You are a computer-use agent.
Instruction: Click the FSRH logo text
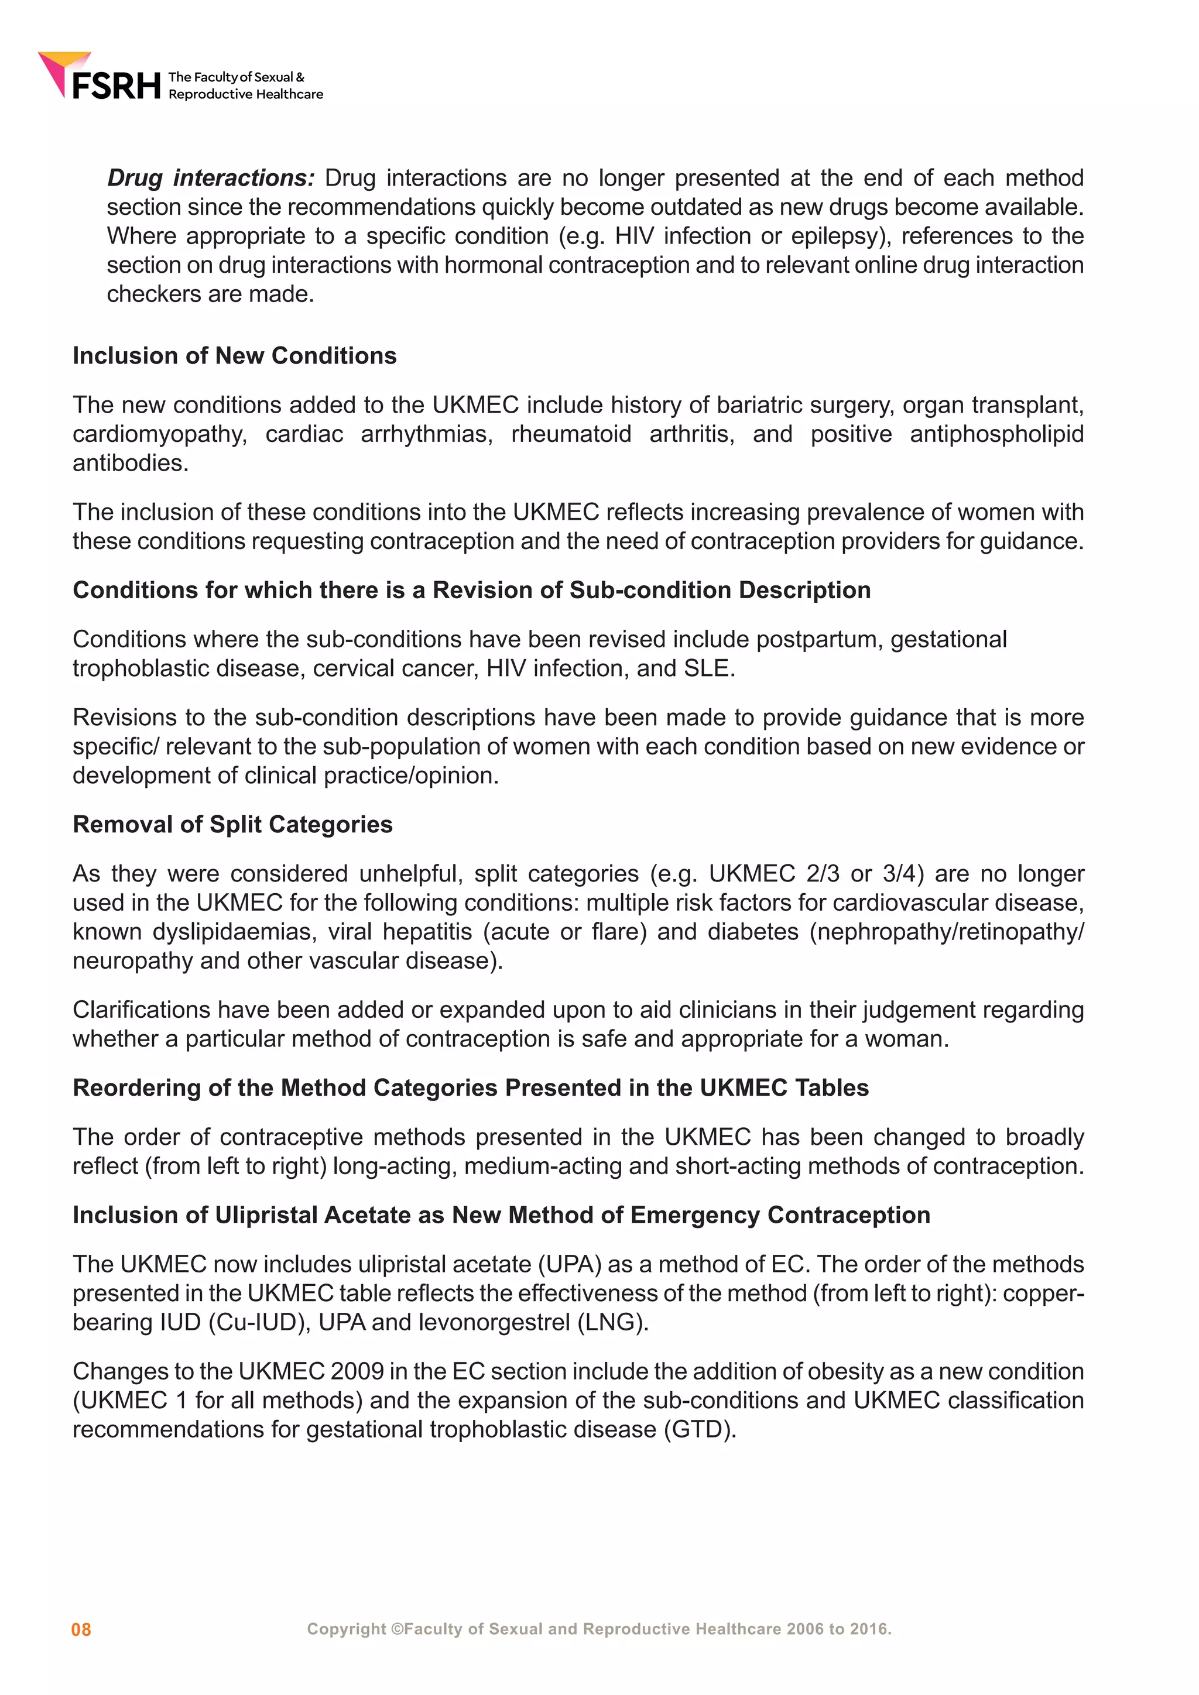point(116,85)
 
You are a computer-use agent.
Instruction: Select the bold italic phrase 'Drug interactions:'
point(210,178)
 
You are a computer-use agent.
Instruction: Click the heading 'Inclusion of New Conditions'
point(234,356)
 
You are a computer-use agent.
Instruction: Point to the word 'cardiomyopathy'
point(159,434)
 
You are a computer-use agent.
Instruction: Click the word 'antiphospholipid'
point(996,434)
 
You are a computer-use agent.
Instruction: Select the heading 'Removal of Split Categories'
point(232,825)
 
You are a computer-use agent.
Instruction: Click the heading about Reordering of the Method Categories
point(470,1088)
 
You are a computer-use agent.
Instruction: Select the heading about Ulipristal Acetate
point(501,1215)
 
